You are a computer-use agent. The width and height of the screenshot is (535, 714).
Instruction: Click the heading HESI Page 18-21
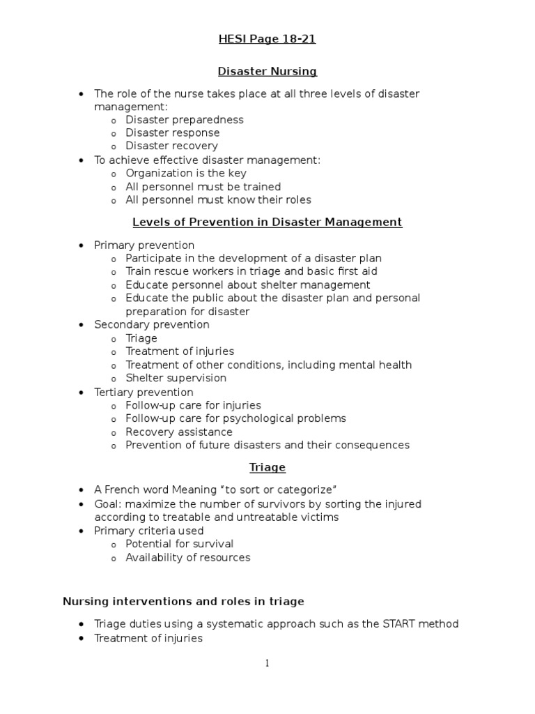[x=267, y=39]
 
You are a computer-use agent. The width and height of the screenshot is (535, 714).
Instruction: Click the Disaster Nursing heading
[x=267, y=71]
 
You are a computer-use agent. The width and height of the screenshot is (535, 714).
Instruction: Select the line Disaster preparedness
[x=184, y=119]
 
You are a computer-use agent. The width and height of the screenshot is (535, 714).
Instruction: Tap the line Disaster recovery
[x=171, y=146]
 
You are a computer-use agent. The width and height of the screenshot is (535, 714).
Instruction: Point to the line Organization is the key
[x=185, y=173]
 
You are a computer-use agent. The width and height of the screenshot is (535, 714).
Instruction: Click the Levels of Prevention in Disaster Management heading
[x=267, y=222]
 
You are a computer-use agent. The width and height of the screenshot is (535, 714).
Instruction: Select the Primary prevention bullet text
[x=144, y=245]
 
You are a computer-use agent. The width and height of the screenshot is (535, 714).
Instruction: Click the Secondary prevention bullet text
[x=151, y=324]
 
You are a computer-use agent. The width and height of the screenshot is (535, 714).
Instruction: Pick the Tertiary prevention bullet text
[x=144, y=392]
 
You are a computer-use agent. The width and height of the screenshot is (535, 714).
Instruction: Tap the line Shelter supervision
[x=176, y=378]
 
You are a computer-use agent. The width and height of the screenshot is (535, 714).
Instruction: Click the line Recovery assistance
[x=179, y=432]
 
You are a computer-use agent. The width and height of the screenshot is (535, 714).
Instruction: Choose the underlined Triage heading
[x=267, y=467]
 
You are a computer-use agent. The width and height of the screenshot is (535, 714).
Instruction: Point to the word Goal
[x=107, y=503]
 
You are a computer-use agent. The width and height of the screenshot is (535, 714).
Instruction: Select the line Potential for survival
[x=179, y=544]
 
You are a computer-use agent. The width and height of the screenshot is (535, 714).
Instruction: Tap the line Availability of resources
[x=187, y=557]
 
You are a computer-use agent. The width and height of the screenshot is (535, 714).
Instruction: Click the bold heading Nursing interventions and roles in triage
[x=183, y=601]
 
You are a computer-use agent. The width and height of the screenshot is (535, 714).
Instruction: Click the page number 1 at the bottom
[x=267, y=663]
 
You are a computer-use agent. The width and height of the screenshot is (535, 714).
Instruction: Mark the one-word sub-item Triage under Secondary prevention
[x=141, y=338]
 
